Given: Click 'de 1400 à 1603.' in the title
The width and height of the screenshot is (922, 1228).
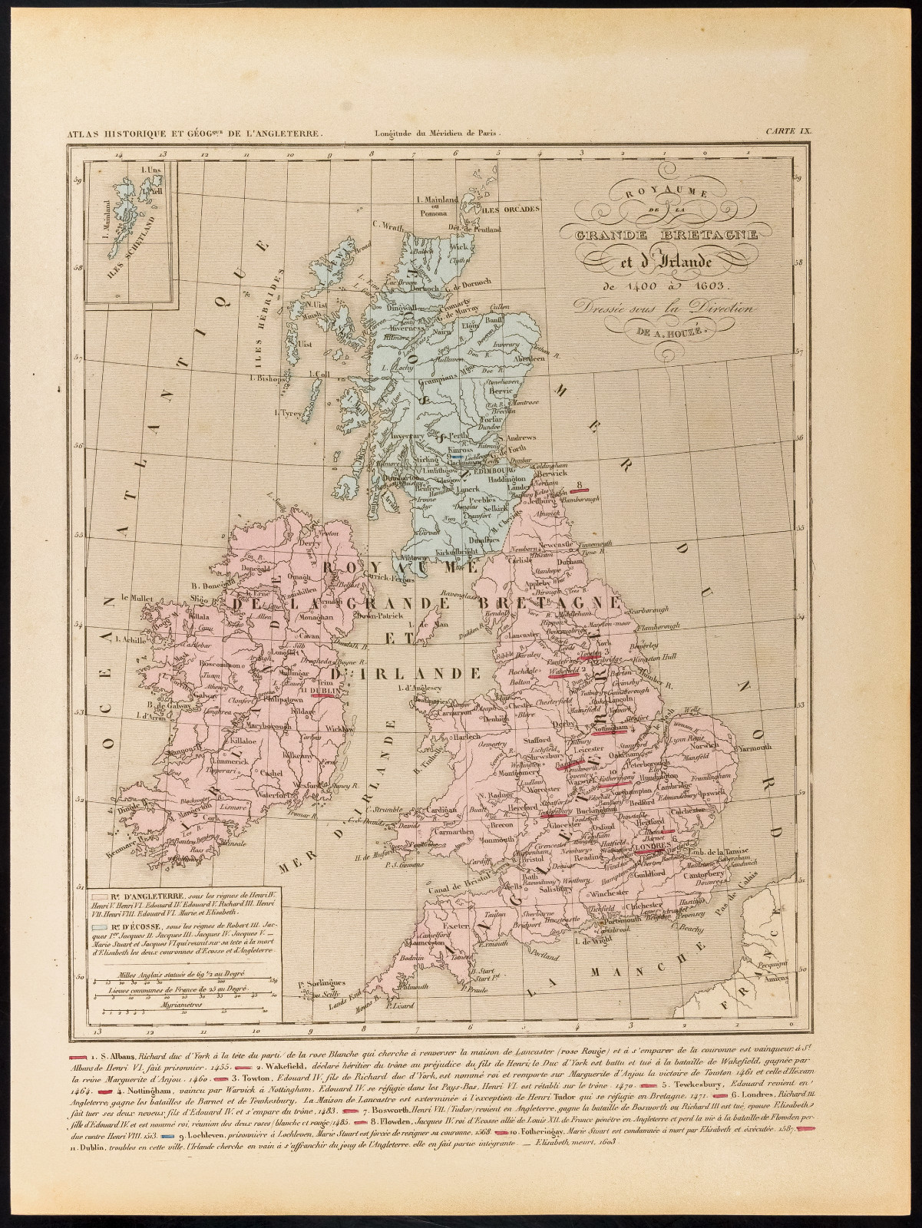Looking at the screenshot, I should click(x=658, y=286).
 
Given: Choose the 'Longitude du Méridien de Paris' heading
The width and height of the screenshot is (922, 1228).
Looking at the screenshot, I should click(x=435, y=132).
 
